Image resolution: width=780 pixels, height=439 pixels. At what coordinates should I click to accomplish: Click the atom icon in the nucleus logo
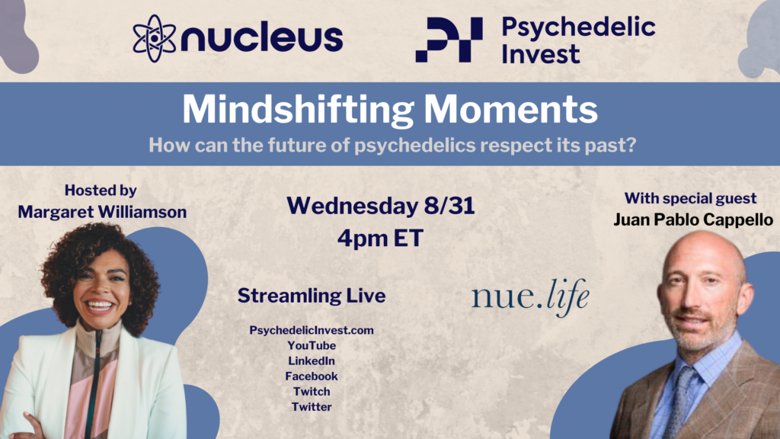pos(154,38)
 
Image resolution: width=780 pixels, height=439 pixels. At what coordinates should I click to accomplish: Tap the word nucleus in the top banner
pos(262,37)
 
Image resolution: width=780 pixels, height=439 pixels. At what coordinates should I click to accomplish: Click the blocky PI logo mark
pos(449,40)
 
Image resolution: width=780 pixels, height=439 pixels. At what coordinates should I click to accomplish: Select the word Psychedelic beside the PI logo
pos(578,27)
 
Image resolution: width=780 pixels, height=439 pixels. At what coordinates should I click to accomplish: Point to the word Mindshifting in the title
pos(298,110)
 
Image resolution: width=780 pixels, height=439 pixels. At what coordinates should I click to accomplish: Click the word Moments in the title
pos(511,109)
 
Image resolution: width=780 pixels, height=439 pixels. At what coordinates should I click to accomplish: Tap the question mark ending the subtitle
pos(630,145)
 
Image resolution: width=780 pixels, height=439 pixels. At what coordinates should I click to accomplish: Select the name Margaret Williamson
pos(102,212)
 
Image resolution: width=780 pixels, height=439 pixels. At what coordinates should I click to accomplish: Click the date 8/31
pos(449,206)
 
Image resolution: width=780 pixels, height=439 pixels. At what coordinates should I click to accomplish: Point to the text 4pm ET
pos(381,239)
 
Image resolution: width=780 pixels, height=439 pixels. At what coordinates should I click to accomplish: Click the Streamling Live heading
pos(312,296)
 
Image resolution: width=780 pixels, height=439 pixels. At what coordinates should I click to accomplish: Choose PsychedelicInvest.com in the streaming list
pos(312,330)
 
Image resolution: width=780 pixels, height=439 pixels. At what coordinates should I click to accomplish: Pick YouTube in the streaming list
pos(312,345)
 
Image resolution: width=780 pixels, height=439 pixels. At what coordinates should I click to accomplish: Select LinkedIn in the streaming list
pos(312,360)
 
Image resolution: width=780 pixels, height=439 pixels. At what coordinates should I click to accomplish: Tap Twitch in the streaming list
pos(312,392)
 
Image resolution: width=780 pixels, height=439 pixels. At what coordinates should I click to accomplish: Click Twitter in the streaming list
pos(312,407)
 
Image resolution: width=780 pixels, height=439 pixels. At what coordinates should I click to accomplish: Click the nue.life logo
pos(530,297)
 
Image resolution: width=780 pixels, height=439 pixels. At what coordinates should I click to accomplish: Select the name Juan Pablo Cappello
pos(693,219)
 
